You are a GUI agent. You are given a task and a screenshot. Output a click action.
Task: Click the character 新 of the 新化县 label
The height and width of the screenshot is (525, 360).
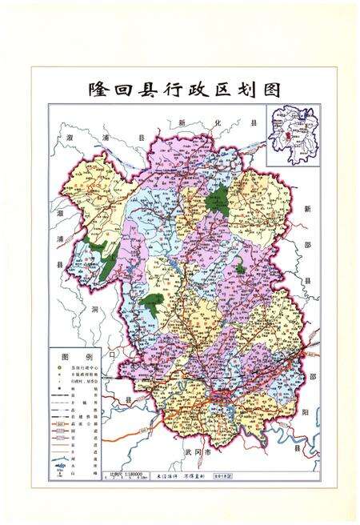pos(182,124)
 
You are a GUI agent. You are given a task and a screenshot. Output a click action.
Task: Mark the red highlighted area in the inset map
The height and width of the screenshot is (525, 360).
pos(286,138)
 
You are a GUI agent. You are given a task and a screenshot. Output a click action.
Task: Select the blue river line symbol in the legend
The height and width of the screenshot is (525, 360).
pos(59,465)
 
